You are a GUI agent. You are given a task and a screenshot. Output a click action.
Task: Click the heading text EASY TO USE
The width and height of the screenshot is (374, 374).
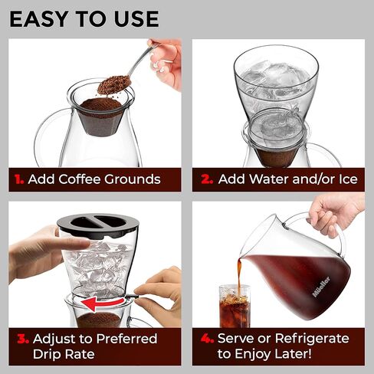coord(84,18)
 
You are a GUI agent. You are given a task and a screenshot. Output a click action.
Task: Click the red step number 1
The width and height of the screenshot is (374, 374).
coord(18,179)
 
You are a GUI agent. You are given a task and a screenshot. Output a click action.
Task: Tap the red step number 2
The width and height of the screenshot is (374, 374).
coord(205,179)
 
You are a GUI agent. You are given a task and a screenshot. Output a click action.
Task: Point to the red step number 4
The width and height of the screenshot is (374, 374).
coord(205,338)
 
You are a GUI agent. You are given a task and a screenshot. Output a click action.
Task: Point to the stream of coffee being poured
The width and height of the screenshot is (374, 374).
coord(238,274)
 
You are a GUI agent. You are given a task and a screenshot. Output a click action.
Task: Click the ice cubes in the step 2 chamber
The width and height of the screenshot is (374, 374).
coord(274,77)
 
